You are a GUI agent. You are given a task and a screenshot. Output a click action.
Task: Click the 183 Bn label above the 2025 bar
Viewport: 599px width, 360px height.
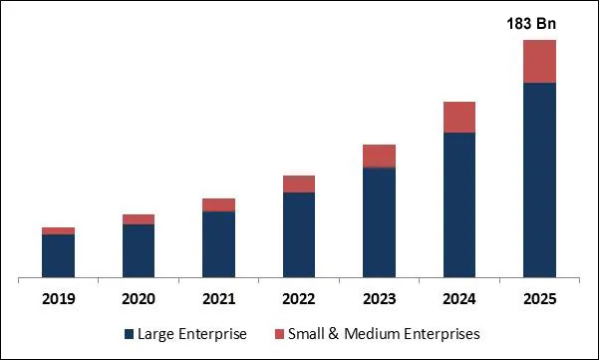click(539, 22)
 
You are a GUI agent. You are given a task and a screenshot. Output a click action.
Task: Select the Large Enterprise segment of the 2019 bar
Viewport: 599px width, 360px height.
click(58, 255)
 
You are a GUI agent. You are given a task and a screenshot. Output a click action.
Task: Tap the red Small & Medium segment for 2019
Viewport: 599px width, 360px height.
click(58, 230)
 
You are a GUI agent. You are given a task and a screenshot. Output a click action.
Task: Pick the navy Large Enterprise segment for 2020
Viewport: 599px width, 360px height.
click(139, 250)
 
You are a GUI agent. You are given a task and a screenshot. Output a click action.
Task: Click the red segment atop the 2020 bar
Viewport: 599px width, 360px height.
click(139, 219)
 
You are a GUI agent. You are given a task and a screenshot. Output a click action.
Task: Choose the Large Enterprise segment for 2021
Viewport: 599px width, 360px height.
click(218, 244)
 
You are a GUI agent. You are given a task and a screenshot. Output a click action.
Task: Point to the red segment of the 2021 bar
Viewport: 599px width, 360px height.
click(218, 204)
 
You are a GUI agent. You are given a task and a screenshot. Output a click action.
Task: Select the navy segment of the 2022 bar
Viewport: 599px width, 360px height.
click(299, 234)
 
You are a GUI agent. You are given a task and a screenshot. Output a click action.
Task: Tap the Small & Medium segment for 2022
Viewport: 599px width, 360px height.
click(299, 183)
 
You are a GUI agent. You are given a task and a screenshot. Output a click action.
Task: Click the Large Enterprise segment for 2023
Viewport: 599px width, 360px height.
click(379, 222)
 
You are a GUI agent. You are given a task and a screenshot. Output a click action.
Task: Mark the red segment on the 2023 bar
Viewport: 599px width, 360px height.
click(379, 156)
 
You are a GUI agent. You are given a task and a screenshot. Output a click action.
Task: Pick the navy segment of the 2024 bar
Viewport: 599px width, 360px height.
click(459, 204)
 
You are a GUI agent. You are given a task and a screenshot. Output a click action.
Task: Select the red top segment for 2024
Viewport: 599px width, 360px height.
click(459, 117)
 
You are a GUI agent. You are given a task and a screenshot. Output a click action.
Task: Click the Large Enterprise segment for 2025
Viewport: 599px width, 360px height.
click(539, 180)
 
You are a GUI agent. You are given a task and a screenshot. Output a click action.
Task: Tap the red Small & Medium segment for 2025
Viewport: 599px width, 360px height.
click(539, 61)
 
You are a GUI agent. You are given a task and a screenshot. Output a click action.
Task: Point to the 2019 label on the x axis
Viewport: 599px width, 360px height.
click(58, 299)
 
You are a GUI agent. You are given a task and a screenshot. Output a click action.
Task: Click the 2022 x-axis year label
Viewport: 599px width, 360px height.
click(299, 299)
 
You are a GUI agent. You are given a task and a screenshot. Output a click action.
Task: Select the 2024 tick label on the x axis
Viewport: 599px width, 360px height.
click(459, 299)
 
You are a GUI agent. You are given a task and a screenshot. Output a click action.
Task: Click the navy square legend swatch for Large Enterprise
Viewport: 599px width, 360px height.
click(130, 334)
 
